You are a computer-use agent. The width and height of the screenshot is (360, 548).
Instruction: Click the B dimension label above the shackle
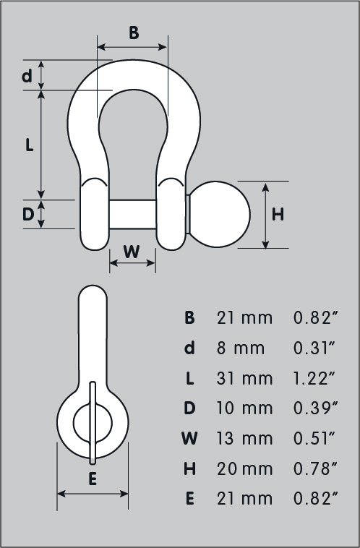(x=134, y=33)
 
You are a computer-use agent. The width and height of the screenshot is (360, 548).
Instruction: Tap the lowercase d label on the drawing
(x=27, y=75)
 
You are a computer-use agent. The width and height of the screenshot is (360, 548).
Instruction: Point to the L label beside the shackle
(x=29, y=145)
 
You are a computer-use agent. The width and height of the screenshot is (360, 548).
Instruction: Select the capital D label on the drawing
(x=27, y=215)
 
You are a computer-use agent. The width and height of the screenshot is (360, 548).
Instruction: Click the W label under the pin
(x=132, y=252)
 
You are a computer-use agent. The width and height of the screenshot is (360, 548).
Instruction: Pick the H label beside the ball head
(x=278, y=215)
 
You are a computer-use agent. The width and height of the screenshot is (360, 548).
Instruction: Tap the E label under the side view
(x=92, y=478)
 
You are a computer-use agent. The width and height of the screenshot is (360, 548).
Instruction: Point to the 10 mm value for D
(x=244, y=408)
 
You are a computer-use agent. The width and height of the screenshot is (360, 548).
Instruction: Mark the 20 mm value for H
(x=244, y=468)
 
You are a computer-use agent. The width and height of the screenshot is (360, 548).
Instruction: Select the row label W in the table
(x=189, y=438)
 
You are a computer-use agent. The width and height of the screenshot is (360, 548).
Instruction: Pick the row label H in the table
(x=189, y=468)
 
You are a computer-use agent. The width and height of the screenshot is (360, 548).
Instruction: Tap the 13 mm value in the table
(x=244, y=438)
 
